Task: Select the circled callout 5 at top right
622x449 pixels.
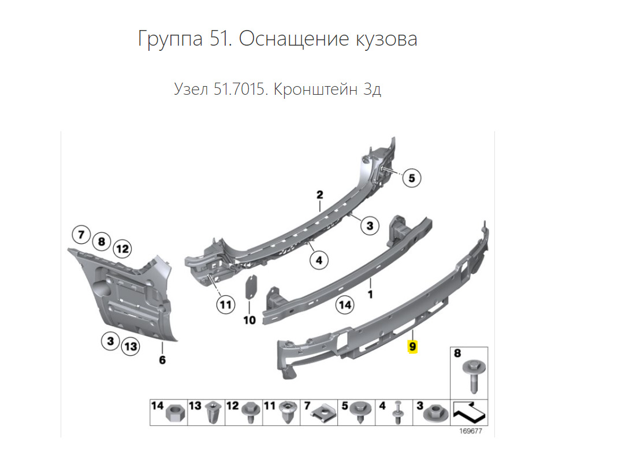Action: click(x=411, y=178)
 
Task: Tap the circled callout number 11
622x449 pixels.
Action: click(x=226, y=304)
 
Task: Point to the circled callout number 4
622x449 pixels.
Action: click(x=318, y=261)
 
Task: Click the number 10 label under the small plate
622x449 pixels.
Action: click(x=249, y=320)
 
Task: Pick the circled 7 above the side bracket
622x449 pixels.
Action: click(x=81, y=235)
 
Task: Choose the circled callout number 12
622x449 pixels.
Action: click(x=121, y=249)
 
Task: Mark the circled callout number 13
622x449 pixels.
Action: click(x=131, y=346)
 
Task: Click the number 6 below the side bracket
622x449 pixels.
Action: click(x=162, y=361)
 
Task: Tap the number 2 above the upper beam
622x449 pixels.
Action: click(x=319, y=195)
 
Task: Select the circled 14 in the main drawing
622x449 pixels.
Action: click(x=345, y=305)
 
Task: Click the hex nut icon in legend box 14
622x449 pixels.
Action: click(x=174, y=414)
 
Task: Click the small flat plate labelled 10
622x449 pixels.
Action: click(x=252, y=287)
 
